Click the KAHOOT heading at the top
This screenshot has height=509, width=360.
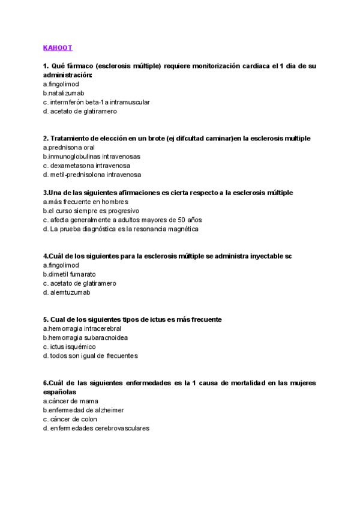coord(58,47)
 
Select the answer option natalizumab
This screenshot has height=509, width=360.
coord(64,93)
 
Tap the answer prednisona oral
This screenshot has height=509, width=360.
coord(69,147)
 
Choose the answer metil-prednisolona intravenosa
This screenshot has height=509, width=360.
coord(92,175)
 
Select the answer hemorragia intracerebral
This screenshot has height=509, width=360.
coord(82,328)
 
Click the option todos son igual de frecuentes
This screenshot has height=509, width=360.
coord(90,355)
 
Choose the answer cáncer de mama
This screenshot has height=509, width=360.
coord(71,400)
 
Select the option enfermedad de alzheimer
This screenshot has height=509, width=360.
coord(83,410)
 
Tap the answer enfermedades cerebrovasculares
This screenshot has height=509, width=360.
coord(96,428)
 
